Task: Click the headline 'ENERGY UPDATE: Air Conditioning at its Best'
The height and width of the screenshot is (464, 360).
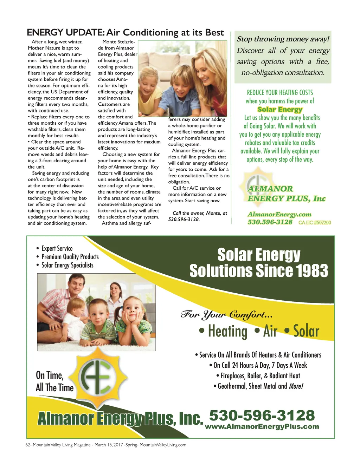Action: click(125, 33)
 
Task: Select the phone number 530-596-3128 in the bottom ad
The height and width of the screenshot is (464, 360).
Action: click(262, 415)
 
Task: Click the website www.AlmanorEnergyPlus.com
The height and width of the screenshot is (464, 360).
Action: click(262, 426)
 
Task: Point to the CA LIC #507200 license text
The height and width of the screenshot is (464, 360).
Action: click(315, 222)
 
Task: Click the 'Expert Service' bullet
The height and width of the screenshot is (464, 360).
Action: click(57, 248)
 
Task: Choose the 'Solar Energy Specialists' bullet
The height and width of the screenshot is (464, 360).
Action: click(67, 265)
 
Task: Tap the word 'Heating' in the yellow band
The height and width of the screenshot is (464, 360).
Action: click(227, 331)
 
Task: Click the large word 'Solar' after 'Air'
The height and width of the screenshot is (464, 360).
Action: click(306, 331)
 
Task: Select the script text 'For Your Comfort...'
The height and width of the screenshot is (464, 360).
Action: click(227, 314)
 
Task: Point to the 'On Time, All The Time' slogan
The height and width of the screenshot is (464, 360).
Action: click(54, 381)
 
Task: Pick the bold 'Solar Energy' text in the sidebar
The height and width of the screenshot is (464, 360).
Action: click(280, 109)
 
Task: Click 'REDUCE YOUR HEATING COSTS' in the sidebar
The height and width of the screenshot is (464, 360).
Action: click(280, 92)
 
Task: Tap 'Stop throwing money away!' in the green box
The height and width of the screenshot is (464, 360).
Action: click(283, 39)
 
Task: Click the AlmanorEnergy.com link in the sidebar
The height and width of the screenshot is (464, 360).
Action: click(279, 214)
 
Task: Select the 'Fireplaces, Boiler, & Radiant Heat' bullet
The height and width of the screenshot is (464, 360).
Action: click(260, 375)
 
